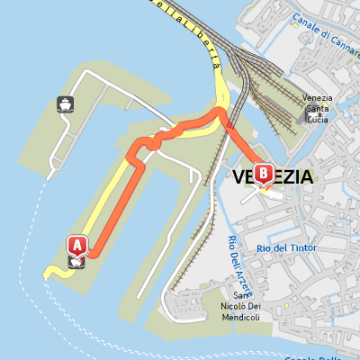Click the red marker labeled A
click(77, 244)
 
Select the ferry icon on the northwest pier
click(66, 103)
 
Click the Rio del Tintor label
click(283, 247)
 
